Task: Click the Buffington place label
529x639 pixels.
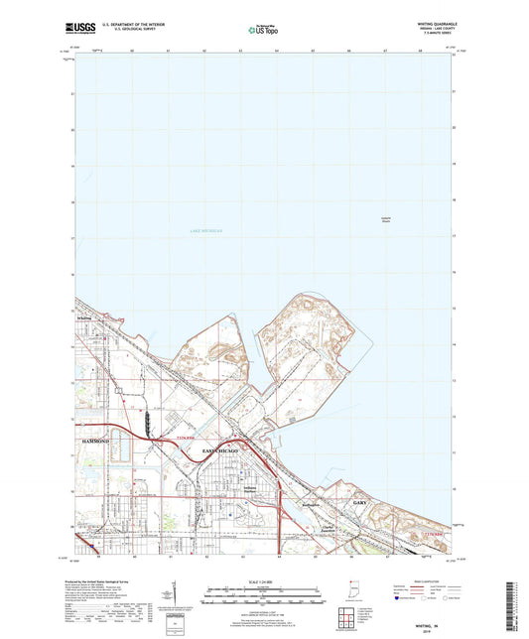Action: pos(311,504)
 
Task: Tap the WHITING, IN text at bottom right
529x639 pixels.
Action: pos(426,626)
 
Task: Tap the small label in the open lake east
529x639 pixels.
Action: pos(385,220)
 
